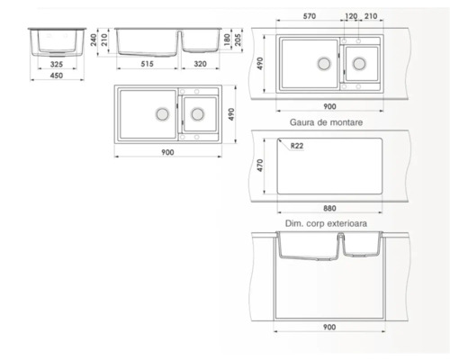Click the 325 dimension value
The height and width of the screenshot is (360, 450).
[x=57, y=65]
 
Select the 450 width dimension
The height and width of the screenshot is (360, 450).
[x=57, y=78]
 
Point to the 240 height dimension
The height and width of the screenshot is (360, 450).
[x=94, y=40]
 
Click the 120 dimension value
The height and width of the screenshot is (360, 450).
[x=350, y=17]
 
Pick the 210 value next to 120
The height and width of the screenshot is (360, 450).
[x=371, y=17]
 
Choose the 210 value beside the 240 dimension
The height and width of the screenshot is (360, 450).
[x=104, y=40]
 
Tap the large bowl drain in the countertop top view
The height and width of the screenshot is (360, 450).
[x=321, y=63]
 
